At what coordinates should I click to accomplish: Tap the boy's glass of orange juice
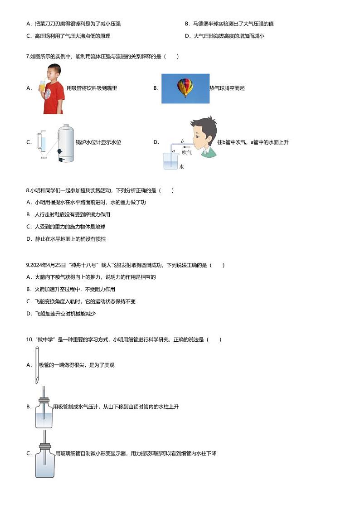42,86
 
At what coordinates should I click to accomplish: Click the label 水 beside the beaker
181,167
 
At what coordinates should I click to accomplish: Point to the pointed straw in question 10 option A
37,365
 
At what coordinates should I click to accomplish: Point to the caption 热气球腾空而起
227,88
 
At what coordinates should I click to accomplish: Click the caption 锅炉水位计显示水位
98,142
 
